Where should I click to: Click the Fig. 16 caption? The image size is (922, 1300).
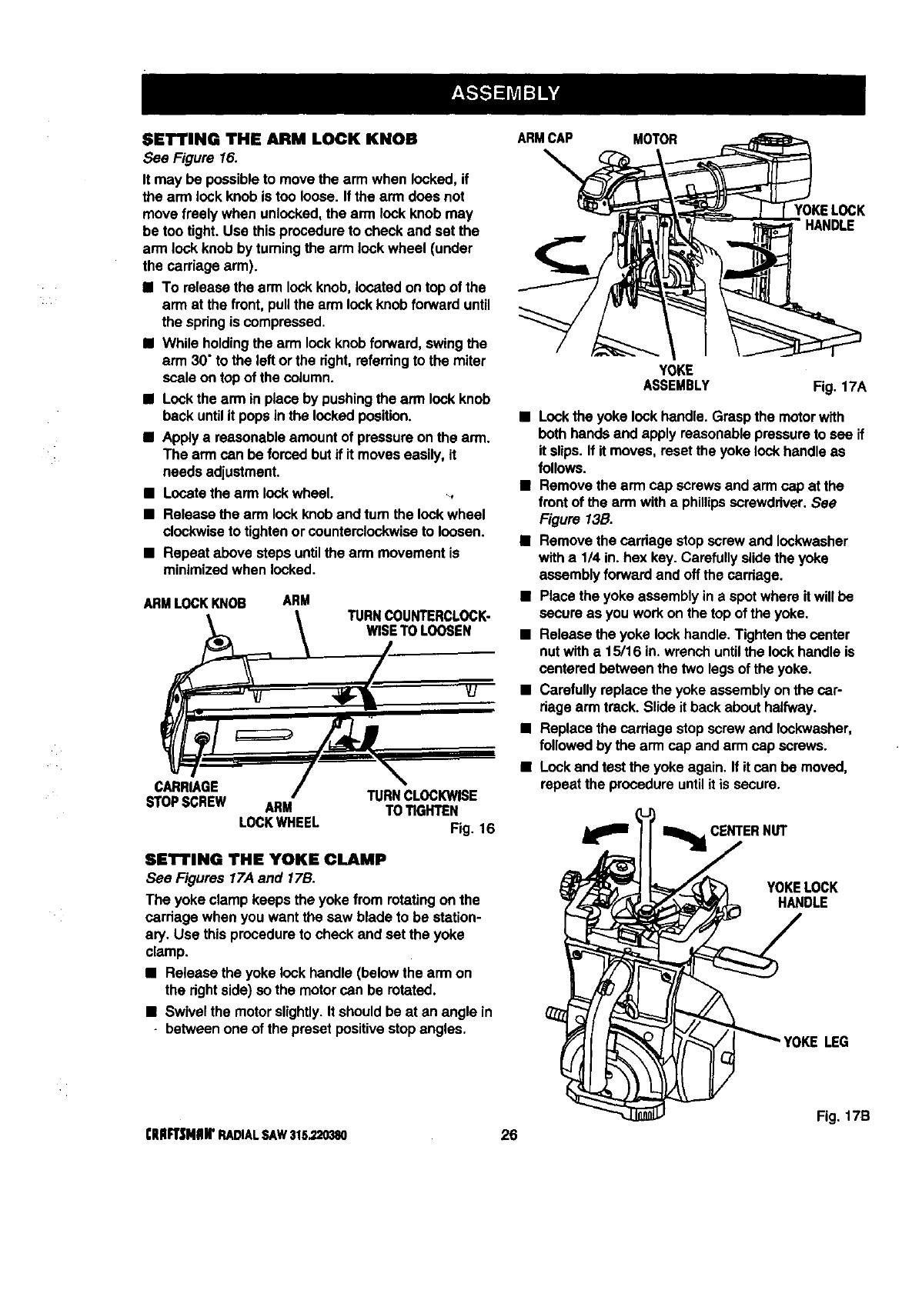tap(471, 829)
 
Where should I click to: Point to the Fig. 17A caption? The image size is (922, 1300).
tap(840, 387)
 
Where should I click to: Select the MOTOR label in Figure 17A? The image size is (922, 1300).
tap(654, 139)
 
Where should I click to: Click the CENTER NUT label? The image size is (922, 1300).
tap(748, 831)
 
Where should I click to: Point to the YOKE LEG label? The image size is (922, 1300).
tap(816, 1042)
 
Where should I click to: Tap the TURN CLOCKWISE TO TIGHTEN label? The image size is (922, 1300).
tap(420, 803)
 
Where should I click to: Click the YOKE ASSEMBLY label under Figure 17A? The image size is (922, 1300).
tap(676, 378)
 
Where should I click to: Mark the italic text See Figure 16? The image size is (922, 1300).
tap(189, 158)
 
